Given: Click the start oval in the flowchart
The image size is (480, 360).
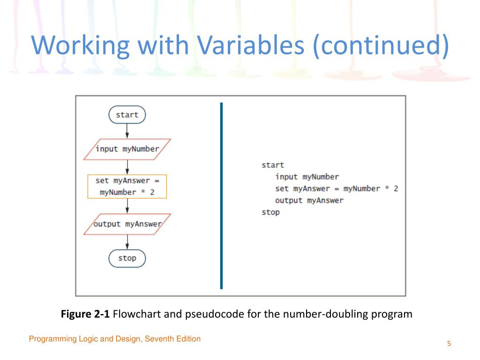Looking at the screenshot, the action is point(127,115).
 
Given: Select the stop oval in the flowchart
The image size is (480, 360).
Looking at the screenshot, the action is point(127,258).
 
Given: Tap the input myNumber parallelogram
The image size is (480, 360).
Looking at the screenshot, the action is point(127,149).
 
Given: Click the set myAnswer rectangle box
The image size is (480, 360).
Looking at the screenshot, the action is point(127,186).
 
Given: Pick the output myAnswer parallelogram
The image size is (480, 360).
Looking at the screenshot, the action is point(127,224).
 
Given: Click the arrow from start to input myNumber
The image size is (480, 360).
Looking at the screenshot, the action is point(127,131).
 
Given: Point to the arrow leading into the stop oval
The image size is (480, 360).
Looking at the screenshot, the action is point(127,242).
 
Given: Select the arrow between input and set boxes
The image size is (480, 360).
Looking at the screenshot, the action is point(127,167).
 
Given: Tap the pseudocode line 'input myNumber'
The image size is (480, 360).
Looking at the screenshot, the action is point(307,177).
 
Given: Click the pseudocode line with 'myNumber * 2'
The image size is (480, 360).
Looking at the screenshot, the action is point(337,188).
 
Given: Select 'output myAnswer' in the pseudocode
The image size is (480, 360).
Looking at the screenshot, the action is point(309,200).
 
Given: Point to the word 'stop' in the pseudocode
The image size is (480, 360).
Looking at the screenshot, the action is point(270,212).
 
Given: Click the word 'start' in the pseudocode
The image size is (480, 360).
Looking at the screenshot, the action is point(273,165).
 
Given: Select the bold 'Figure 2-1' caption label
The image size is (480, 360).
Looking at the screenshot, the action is point(85,314).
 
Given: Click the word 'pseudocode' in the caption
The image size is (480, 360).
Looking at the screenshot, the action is point(209,314).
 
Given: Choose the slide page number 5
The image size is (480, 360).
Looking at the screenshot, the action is point(449,344).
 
